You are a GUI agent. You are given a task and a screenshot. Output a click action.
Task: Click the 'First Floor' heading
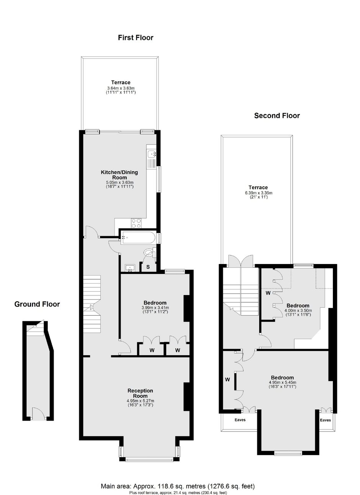(135, 38)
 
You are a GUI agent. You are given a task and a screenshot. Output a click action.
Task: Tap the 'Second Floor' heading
(277, 115)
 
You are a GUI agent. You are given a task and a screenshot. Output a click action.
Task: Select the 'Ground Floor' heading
(37, 304)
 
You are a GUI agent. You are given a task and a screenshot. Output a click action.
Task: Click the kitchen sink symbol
(152, 155)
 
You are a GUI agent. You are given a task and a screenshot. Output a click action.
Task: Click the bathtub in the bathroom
(137, 238)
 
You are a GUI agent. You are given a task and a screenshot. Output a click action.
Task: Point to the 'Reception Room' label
(140, 393)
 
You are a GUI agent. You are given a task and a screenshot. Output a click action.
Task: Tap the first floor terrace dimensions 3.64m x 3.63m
(121, 88)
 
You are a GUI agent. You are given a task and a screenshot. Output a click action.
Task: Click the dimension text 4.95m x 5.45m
(282, 382)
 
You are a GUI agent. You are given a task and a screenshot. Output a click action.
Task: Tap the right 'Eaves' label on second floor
(325, 420)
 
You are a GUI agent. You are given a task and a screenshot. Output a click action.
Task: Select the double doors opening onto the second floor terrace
(240, 261)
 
